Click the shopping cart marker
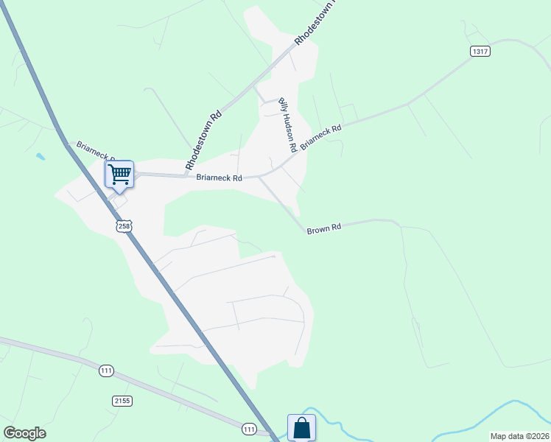[x=119, y=175]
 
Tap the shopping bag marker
[x=301, y=427]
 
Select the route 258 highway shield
[x=124, y=226]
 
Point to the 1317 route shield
[x=480, y=51]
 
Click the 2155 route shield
[x=122, y=401]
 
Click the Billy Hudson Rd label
[x=287, y=125]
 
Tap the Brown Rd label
[x=324, y=229]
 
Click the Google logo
[x=24, y=433]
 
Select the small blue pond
[x=39, y=156]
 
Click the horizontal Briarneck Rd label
[x=220, y=178]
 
